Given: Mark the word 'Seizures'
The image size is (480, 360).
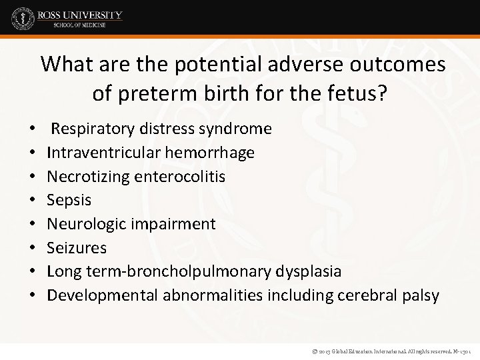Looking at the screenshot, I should pos(77,247).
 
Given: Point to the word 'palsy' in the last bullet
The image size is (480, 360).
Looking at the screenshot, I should pos(419,295).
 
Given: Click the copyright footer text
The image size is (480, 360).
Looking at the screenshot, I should pos(386,350).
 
